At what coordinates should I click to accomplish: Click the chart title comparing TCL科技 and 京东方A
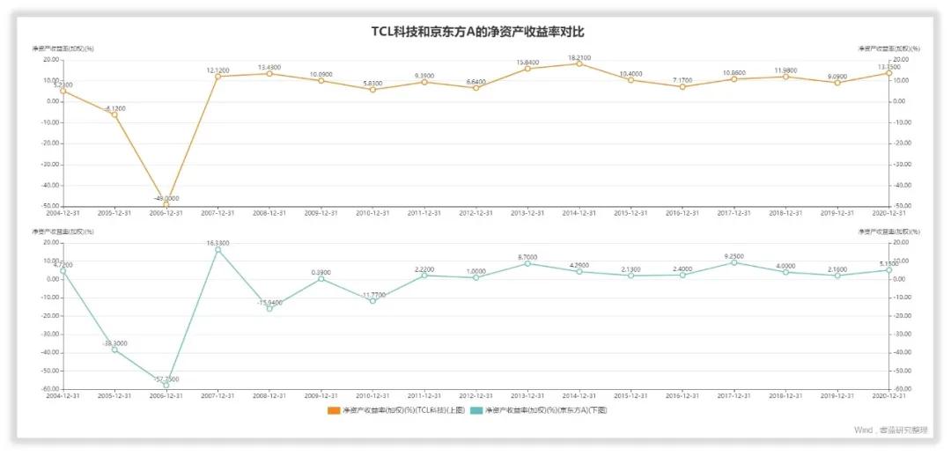coord(475,32)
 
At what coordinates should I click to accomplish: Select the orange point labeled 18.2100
coord(579,63)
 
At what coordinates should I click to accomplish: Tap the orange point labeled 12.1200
coord(217,77)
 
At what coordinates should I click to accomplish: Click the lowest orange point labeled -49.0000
coord(166,204)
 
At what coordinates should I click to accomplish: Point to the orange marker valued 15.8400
coord(527,69)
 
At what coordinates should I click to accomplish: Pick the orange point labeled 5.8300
coord(372,90)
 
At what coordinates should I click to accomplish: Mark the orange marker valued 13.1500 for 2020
coord(889,74)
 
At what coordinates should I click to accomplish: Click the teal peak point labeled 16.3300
coord(217,250)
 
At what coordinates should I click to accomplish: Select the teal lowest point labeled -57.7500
coord(166,385)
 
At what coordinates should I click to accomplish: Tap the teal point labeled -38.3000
coord(114,349)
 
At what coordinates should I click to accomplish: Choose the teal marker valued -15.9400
coord(269,309)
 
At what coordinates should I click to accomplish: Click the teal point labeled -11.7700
coord(372,301)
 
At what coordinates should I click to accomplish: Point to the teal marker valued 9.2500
coord(734,262)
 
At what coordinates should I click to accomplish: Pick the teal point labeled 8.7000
coord(527,263)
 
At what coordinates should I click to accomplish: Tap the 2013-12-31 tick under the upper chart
coord(527,213)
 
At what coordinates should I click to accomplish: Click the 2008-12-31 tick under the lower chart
coord(269,396)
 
